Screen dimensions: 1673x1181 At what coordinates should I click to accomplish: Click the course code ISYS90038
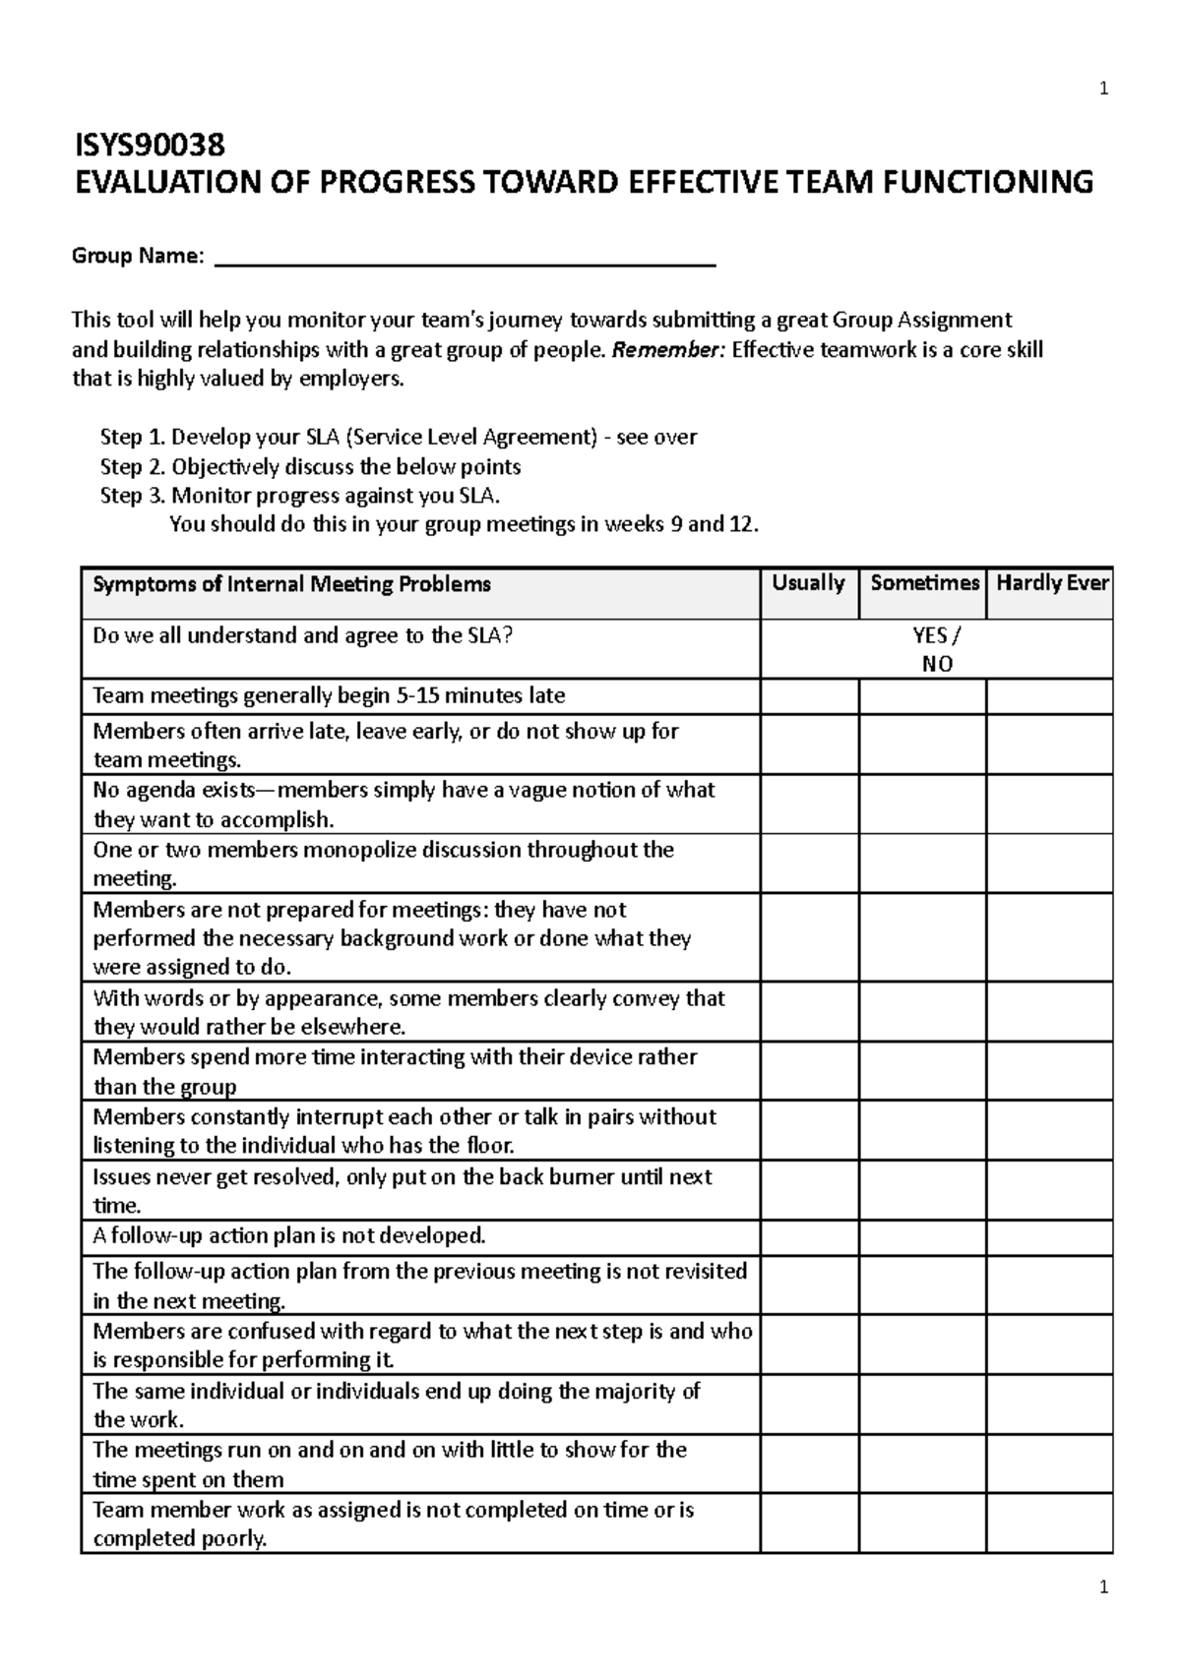pyautogui.click(x=151, y=146)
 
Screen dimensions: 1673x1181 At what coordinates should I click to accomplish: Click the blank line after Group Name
pyautogui.click(x=465, y=258)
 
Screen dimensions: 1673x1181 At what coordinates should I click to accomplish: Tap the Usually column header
pyautogui.click(x=808, y=583)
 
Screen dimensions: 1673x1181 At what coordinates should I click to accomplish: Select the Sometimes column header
pyautogui.click(x=923, y=583)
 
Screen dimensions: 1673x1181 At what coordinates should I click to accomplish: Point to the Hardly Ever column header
pyautogui.click(x=1051, y=583)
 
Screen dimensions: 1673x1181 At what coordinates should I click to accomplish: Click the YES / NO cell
pyautogui.click(x=936, y=649)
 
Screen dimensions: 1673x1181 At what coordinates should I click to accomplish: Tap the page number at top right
pyautogui.click(x=1103, y=90)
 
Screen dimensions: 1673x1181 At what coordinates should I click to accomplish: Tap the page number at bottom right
pyautogui.click(x=1103, y=1587)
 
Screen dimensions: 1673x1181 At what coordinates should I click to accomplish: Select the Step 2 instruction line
pyautogui.click(x=310, y=466)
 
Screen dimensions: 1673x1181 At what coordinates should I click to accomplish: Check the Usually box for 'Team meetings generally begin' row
pyautogui.click(x=809, y=696)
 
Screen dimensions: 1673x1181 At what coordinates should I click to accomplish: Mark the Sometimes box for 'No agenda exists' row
pyautogui.click(x=922, y=805)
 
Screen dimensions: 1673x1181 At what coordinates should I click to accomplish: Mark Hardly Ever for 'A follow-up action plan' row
pyautogui.click(x=1049, y=1236)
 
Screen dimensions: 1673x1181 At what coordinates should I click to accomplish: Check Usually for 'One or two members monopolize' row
pyautogui.click(x=809, y=864)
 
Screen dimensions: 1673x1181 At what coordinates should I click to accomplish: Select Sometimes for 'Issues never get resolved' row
pyautogui.click(x=922, y=1191)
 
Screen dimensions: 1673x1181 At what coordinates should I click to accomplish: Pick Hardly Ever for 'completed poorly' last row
pyautogui.click(x=1049, y=1524)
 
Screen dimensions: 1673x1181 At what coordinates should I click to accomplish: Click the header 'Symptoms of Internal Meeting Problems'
pyautogui.click(x=291, y=585)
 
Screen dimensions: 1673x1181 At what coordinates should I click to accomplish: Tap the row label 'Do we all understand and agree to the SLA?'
pyautogui.click(x=302, y=636)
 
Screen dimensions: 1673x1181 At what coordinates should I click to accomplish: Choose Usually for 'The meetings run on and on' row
pyautogui.click(x=809, y=1464)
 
